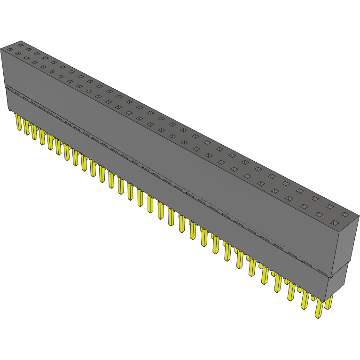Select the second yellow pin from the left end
pyautogui.click(x=26, y=127)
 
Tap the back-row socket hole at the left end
pyautogui.click(x=20, y=45)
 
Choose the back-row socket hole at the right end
pyautogui.click(x=344, y=214)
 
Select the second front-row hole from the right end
pyautogui.click(x=319, y=214)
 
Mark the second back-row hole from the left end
pyautogui.click(x=29, y=49)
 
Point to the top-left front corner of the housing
pyautogui.click(x=1, y=49)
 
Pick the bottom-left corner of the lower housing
pyautogui.click(x=9, y=110)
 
